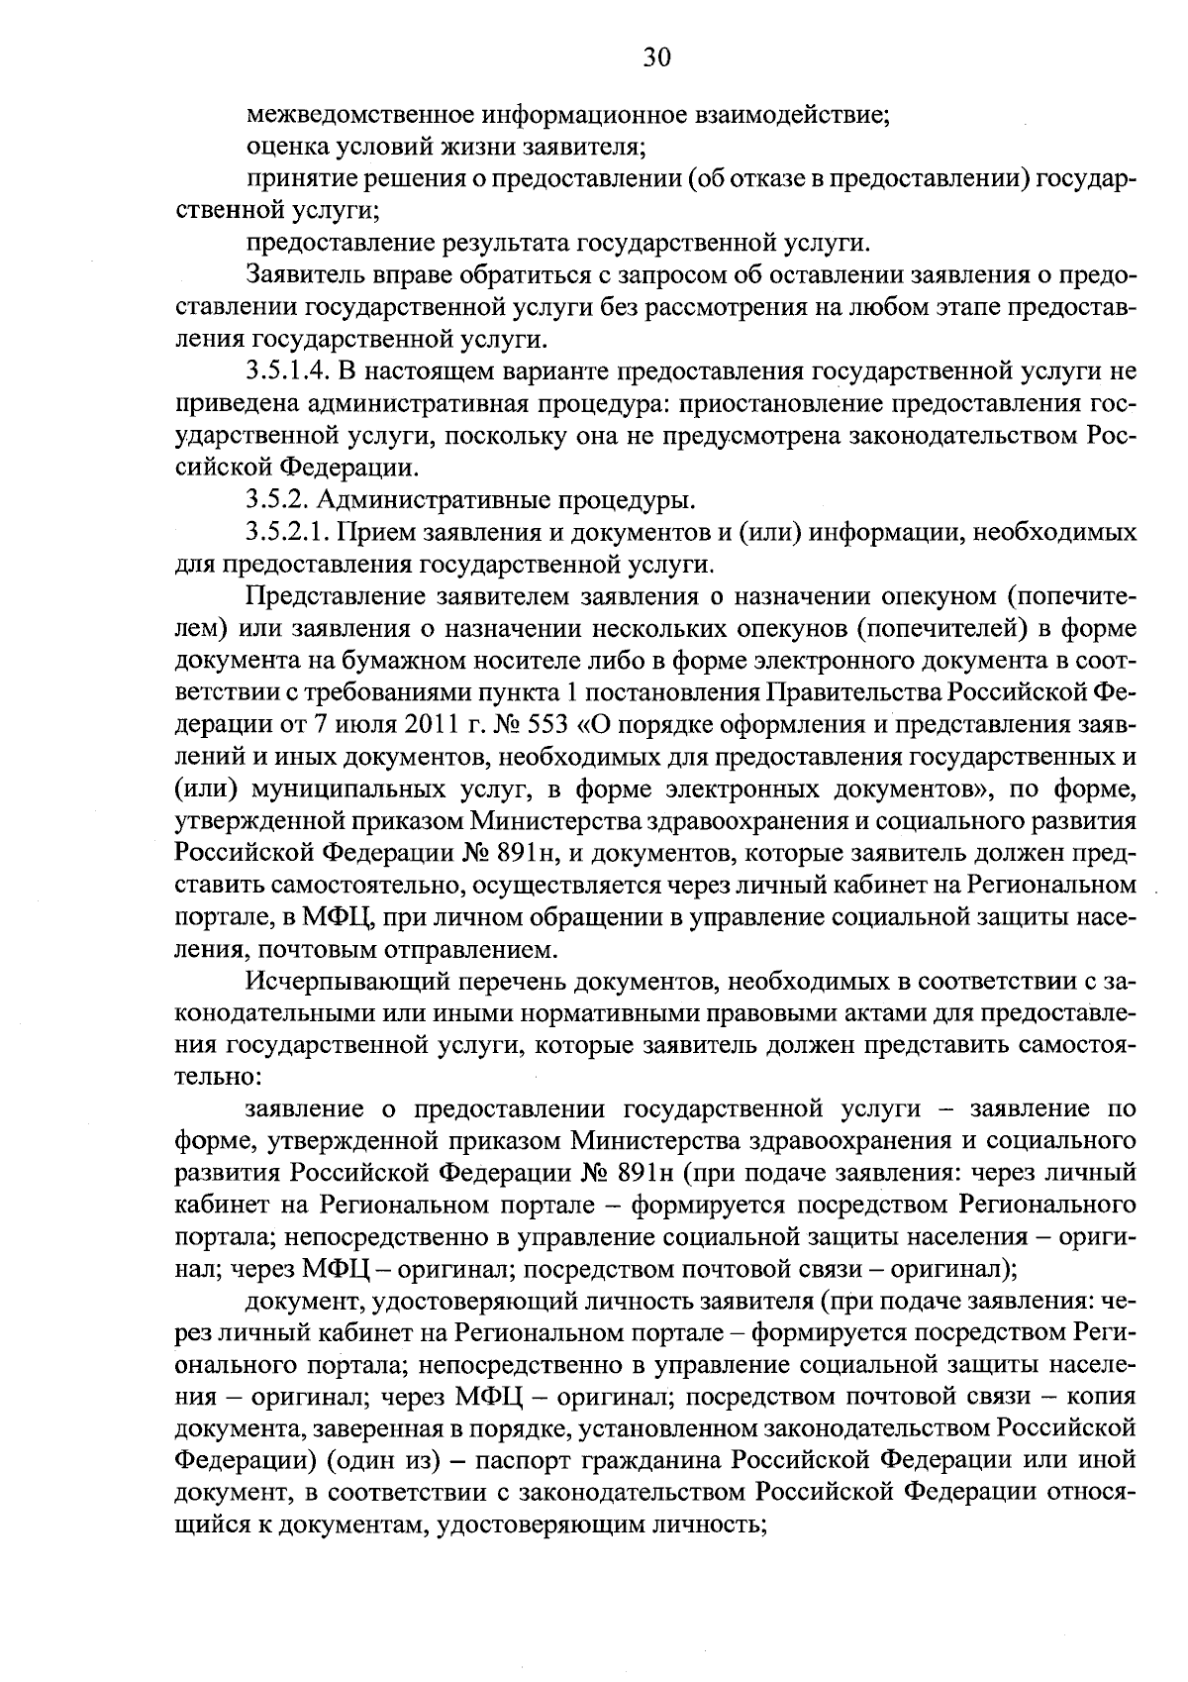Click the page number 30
pyautogui.click(x=656, y=57)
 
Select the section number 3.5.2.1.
pyautogui.click(x=289, y=533)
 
